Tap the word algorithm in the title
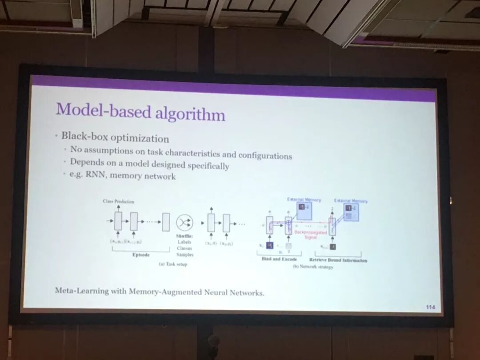(x=190, y=114)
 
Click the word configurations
(x=265, y=155)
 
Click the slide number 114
(x=430, y=306)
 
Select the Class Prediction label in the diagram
(x=118, y=201)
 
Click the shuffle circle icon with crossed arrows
(x=184, y=223)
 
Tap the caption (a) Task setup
(x=173, y=264)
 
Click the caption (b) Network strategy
(x=316, y=267)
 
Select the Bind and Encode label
(x=279, y=259)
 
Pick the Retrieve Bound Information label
(x=338, y=260)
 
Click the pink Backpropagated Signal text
(x=311, y=234)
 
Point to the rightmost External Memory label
(x=351, y=201)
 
